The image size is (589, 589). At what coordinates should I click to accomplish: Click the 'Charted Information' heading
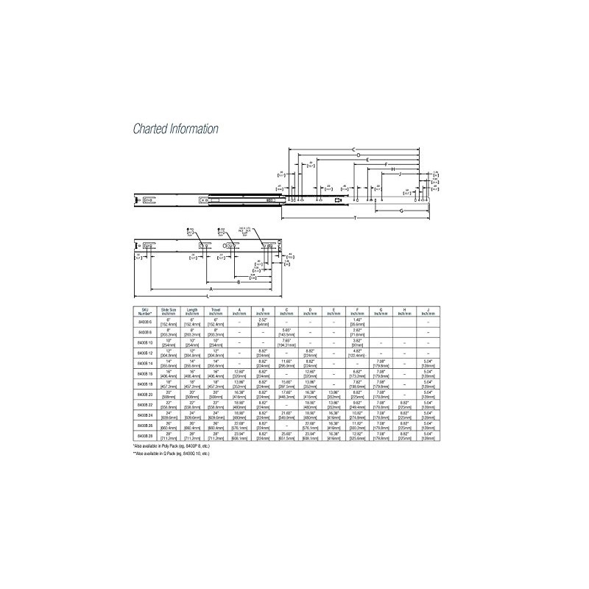(175, 129)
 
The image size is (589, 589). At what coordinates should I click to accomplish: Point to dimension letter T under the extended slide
(356, 219)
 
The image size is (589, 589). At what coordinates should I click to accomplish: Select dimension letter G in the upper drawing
(401, 210)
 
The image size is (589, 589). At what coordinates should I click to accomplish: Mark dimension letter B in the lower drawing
(238, 281)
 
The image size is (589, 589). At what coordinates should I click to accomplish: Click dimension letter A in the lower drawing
(217, 289)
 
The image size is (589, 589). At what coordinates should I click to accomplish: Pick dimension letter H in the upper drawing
(393, 169)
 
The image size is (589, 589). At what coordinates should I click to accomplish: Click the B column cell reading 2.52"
(264, 320)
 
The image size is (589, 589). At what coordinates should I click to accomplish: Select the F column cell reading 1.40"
(358, 320)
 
